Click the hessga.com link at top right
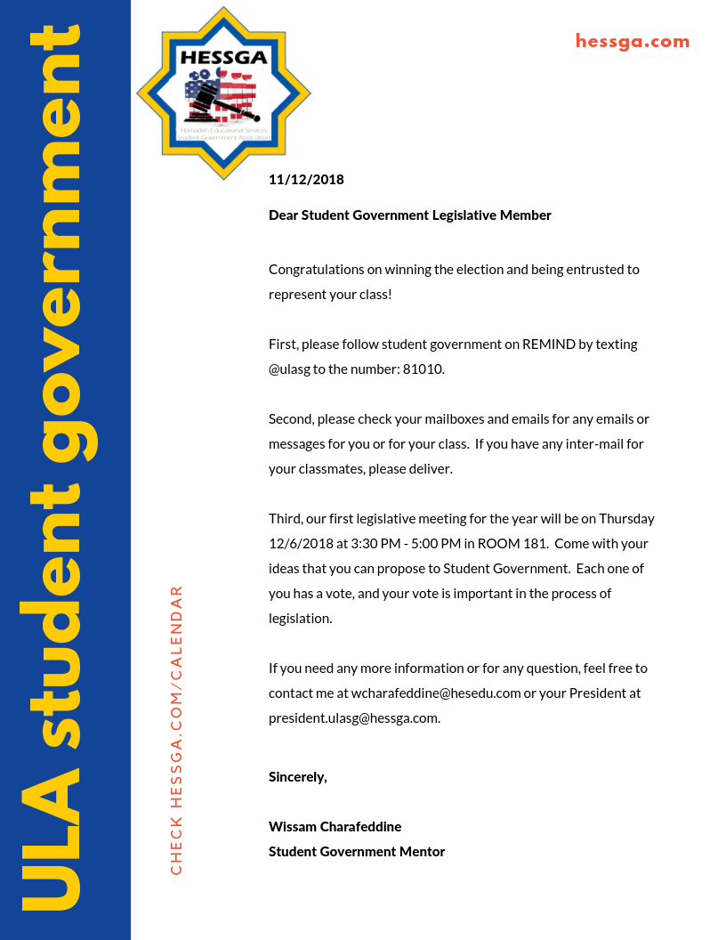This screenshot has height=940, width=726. coord(632,41)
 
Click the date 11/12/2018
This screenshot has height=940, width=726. coord(306,180)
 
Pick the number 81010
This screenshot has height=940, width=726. coord(423,369)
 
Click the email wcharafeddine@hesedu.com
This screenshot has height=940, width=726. coord(436,693)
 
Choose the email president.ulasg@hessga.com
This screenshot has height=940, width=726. coord(354,717)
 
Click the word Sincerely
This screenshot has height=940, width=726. coord(298,776)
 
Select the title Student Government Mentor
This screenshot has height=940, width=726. coord(357,851)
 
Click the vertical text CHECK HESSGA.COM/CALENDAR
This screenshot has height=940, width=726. coord(176,730)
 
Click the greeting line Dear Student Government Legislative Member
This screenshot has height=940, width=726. coord(410,215)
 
